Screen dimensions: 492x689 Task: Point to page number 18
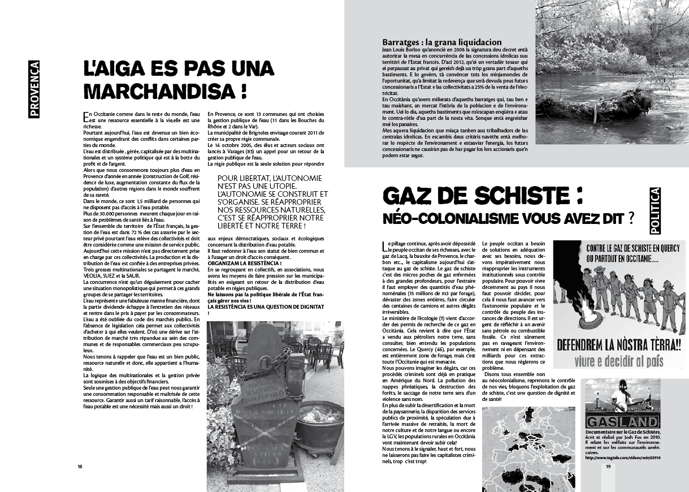point(80,467)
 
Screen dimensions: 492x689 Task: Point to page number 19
point(608,467)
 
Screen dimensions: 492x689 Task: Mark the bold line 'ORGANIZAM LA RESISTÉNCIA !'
point(245,263)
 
